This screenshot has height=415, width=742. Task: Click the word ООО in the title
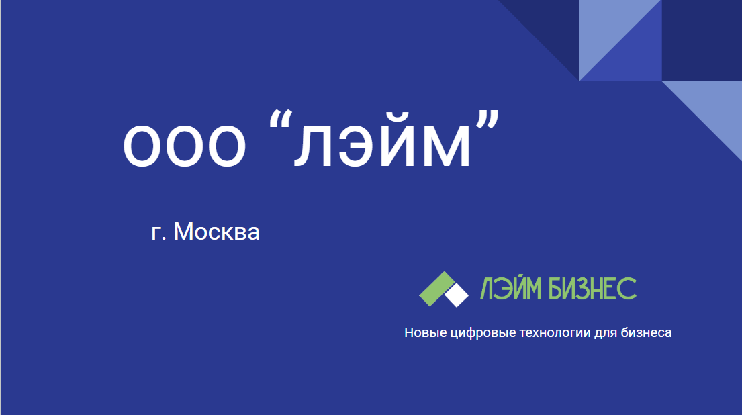coord(183,146)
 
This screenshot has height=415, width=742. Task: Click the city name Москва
coord(216,232)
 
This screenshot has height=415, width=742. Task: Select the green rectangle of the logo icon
coord(435,287)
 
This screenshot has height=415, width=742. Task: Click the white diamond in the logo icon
coord(457,295)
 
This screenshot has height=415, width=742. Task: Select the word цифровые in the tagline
coord(479,333)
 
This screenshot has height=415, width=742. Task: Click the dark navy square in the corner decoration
coord(702,40)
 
